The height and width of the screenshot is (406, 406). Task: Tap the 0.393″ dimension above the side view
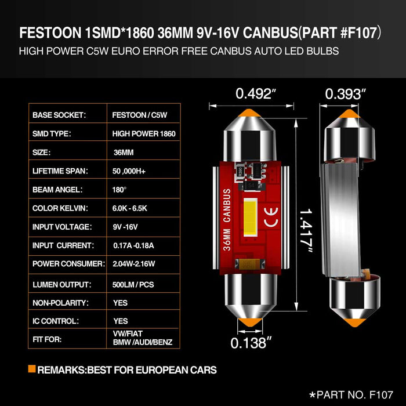[x=346, y=93]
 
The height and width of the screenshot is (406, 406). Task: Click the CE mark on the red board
[x=270, y=220]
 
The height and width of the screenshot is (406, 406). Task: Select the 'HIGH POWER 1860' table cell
[x=143, y=133]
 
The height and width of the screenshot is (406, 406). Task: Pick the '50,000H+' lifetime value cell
[x=132, y=171]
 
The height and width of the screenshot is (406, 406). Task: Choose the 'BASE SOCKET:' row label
[x=60, y=115]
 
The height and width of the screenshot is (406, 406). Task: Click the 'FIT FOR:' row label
[x=48, y=339]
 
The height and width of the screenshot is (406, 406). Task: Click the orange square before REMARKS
[x=31, y=369]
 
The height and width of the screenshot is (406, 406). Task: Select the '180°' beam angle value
[x=120, y=190]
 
